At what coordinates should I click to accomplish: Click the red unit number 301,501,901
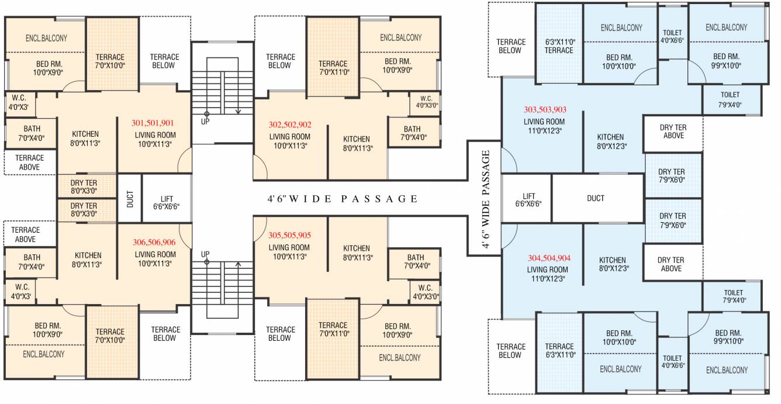pyautogui.click(x=153, y=123)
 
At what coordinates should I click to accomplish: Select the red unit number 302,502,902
pyautogui.click(x=290, y=125)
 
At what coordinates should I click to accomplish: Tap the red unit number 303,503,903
pyautogui.click(x=545, y=109)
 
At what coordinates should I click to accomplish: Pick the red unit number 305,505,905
pyautogui.click(x=289, y=235)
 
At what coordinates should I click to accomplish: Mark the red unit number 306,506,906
pyautogui.click(x=154, y=242)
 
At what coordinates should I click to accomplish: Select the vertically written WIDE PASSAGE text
pyautogui.click(x=485, y=199)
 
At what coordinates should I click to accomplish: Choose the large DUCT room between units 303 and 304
pyautogui.click(x=595, y=198)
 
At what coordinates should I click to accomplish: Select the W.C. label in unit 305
pyautogui.click(x=425, y=292)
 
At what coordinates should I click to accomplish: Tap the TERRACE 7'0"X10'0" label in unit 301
pyautogui.click(x=110, y=61)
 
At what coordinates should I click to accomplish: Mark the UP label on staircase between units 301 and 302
pyautogui.click(x=205, y=122)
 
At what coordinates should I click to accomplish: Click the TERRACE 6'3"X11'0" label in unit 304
pyautogui.click(x=559, y=350)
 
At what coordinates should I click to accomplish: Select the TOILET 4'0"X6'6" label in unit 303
pyautogui.click(x=672, y=36)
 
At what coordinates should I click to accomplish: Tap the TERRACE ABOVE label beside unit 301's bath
pyautogui.click(x=29, y=162)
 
